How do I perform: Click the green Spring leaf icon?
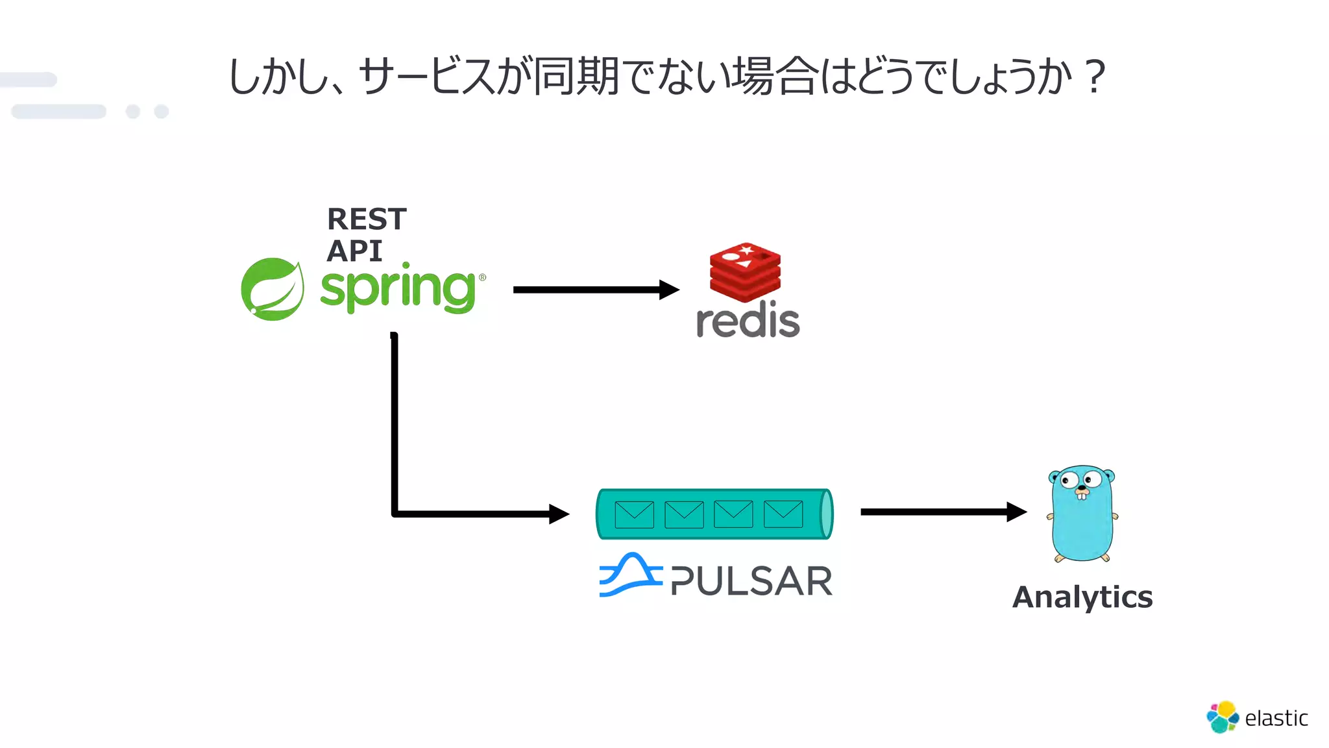pyautogui.click(x=272, y=289)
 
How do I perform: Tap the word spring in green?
pyautogui.click(x=398, y=289)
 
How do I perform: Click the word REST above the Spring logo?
pyautogui.click(x=367, y=219)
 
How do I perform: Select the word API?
pyautogui.click(x=354, y=251)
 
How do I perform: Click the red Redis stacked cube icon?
pyautogui.click(x=745, y=272)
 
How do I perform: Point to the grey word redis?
pyautogui.click(x=748, y=321)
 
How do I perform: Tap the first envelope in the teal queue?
pyautogui.click(x=634, y=514)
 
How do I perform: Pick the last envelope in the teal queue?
pyautogui.click(x=783, y=514)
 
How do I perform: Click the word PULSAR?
pyautogui.click(x=751, y=581)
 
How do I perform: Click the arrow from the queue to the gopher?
pyautogui.click(x=941, y=512)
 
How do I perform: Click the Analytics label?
pyautogui.click(x=1082, y=597)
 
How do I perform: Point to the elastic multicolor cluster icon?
pyautogui.click(x=1223, y=717)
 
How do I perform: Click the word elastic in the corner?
pyautogui.click(x=1276, y=718)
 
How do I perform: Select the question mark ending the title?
pyautogui.click(x=1095, y=77)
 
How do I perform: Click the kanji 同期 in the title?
pyautogui.click(x=576, y=77)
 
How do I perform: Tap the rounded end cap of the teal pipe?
pyautogui.click(x=826, y=514)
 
